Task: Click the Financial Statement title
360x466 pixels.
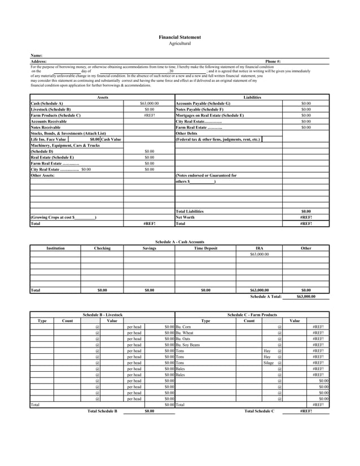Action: tap(180, 37)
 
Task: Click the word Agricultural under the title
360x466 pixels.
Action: tap(180, 43)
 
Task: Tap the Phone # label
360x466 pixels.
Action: tap(273, 61)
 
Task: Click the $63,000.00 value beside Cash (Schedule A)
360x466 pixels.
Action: tap(149, 104)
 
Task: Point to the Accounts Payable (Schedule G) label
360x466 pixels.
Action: tap(203, 104)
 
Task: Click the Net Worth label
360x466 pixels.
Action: tap(185, 217)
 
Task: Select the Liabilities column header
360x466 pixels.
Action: tap(252, 98)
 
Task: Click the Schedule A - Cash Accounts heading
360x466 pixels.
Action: tap(180, 241)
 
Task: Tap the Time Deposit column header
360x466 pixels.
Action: tap(205, 248)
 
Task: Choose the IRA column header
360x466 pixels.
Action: tap(259, 248)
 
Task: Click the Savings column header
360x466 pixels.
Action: tap(149, 248)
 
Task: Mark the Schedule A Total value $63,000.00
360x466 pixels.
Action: tap(306, 296)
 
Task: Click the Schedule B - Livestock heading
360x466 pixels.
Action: tap(103, 314)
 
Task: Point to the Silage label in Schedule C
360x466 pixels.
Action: tap(269, 363)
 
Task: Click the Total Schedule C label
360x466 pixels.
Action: tap(259, 411)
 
